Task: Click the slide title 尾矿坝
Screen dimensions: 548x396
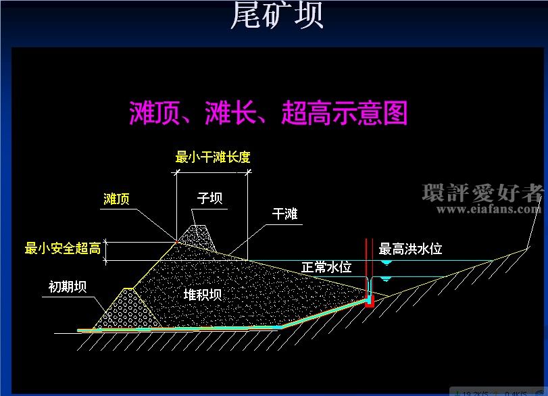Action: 277,15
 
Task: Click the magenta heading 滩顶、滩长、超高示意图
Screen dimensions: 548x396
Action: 268,113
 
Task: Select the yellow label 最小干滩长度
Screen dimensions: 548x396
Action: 213,157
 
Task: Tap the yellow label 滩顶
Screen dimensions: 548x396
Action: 116,199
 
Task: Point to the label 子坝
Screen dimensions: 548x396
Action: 209,198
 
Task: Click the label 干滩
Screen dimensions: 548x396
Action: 285,214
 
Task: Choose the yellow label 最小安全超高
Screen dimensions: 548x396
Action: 63,248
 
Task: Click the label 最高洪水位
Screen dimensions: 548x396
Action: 410,249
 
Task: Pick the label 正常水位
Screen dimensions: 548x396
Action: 326,267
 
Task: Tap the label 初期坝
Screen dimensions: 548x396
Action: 68,287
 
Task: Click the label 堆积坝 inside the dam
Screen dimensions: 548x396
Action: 203,295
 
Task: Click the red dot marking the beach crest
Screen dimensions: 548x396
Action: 177,242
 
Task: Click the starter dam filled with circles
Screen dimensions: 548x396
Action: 128,309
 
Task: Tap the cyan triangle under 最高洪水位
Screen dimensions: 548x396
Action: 387,263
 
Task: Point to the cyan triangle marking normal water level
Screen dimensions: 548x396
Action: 385,279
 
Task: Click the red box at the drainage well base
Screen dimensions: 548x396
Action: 370,301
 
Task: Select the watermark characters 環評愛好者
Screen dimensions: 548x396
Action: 483,193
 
